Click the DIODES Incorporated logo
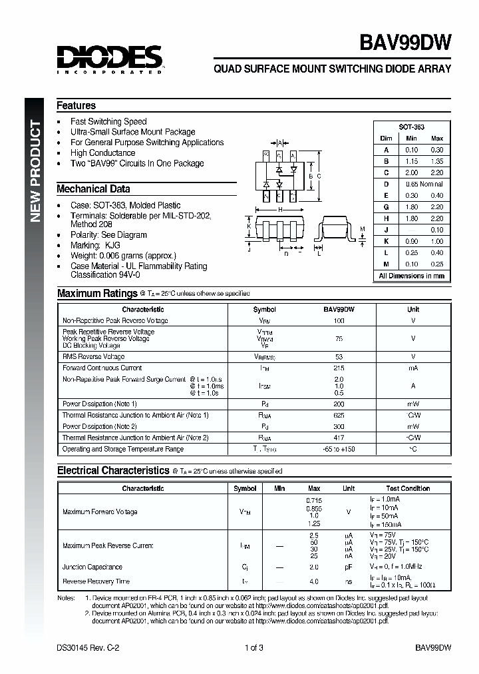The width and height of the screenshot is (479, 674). (x=110, y=59)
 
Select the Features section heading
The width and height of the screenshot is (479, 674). (x=76, y=105)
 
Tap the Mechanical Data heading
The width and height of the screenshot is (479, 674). (x=93, y=188)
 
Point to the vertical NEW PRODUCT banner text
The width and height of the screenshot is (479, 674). (x=37, y=172)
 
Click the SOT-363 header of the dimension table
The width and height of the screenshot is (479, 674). (x=411, y=127)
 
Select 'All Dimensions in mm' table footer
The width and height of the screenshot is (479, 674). (x=411, y=275)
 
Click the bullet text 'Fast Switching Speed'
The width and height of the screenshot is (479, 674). (x=108, y=121)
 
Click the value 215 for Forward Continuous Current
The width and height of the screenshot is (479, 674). (x=339, y=368)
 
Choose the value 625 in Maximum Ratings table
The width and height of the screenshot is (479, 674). (x=339, y=415)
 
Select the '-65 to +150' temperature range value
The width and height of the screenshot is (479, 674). (x=339, y=450)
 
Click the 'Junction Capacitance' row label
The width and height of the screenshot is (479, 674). (x=92, y=567)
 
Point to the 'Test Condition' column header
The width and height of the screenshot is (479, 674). (x=408, y=488)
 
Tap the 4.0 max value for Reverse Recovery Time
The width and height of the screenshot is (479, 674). (x=314, y=581)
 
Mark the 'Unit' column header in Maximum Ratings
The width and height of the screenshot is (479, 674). (x=413, y=309)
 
